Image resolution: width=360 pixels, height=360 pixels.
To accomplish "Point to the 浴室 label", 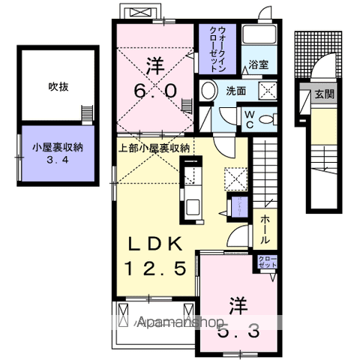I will pos(258,64).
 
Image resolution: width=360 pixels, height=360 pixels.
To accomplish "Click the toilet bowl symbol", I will pos(270,118).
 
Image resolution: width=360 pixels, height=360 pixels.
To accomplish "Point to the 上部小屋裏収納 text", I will pos(153,146).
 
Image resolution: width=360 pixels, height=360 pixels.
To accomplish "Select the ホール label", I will pos(265,229).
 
